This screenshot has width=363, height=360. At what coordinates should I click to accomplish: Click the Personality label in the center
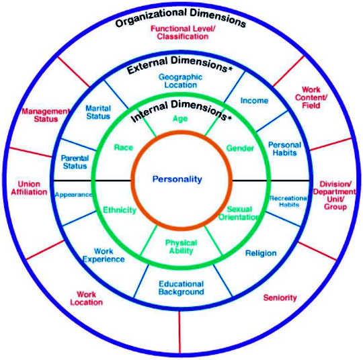177,179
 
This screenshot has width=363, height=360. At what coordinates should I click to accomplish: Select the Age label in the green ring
180,119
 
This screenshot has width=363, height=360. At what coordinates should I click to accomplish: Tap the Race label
124,148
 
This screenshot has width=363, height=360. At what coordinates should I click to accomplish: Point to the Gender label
240,148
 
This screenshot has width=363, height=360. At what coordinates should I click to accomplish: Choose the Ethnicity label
120,210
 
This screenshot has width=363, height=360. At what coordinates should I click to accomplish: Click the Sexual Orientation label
239,213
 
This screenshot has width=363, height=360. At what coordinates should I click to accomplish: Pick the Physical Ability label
181,246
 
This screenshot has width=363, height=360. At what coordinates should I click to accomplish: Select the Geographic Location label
180,81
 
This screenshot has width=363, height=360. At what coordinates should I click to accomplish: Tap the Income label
254,101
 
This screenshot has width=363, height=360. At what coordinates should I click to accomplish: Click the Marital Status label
98,112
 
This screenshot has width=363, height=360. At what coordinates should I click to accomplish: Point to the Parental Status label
75,162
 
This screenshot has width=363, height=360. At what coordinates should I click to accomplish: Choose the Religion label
261,253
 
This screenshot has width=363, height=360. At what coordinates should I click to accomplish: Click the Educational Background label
181,288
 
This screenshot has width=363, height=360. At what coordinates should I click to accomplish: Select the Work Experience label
104,255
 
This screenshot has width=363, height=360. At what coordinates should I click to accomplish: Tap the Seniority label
280,298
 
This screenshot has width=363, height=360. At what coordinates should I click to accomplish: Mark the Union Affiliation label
29,188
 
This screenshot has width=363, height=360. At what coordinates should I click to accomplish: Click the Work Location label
86,298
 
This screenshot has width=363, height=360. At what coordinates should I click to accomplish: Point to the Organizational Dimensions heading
181,18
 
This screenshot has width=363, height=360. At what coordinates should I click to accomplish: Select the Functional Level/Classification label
183,33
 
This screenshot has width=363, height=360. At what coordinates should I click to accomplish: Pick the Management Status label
46,116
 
